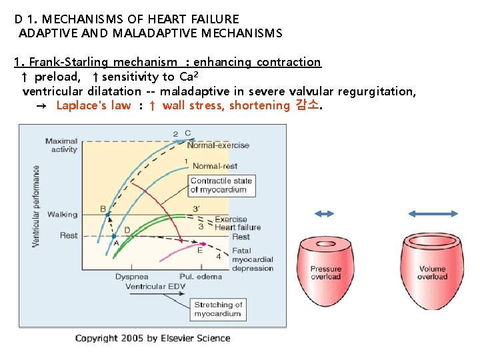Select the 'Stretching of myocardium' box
(217, 309)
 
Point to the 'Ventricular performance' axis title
(36, 206)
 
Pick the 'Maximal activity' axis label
(61, 145)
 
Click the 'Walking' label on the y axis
(62, 215)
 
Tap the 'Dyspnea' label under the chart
(131, 276)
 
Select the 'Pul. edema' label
(195, 276)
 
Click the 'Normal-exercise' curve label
(218, 145)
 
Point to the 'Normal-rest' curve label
(215, 166)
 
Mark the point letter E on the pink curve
(199, 251)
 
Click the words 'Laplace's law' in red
(93, 105)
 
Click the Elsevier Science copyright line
(153, 338)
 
